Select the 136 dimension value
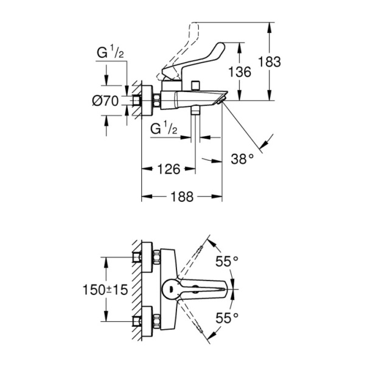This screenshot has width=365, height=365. [239, 71]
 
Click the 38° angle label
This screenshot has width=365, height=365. [242, 159]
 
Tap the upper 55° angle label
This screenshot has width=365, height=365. [228, 262]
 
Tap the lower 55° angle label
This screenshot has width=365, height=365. [228, 317]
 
